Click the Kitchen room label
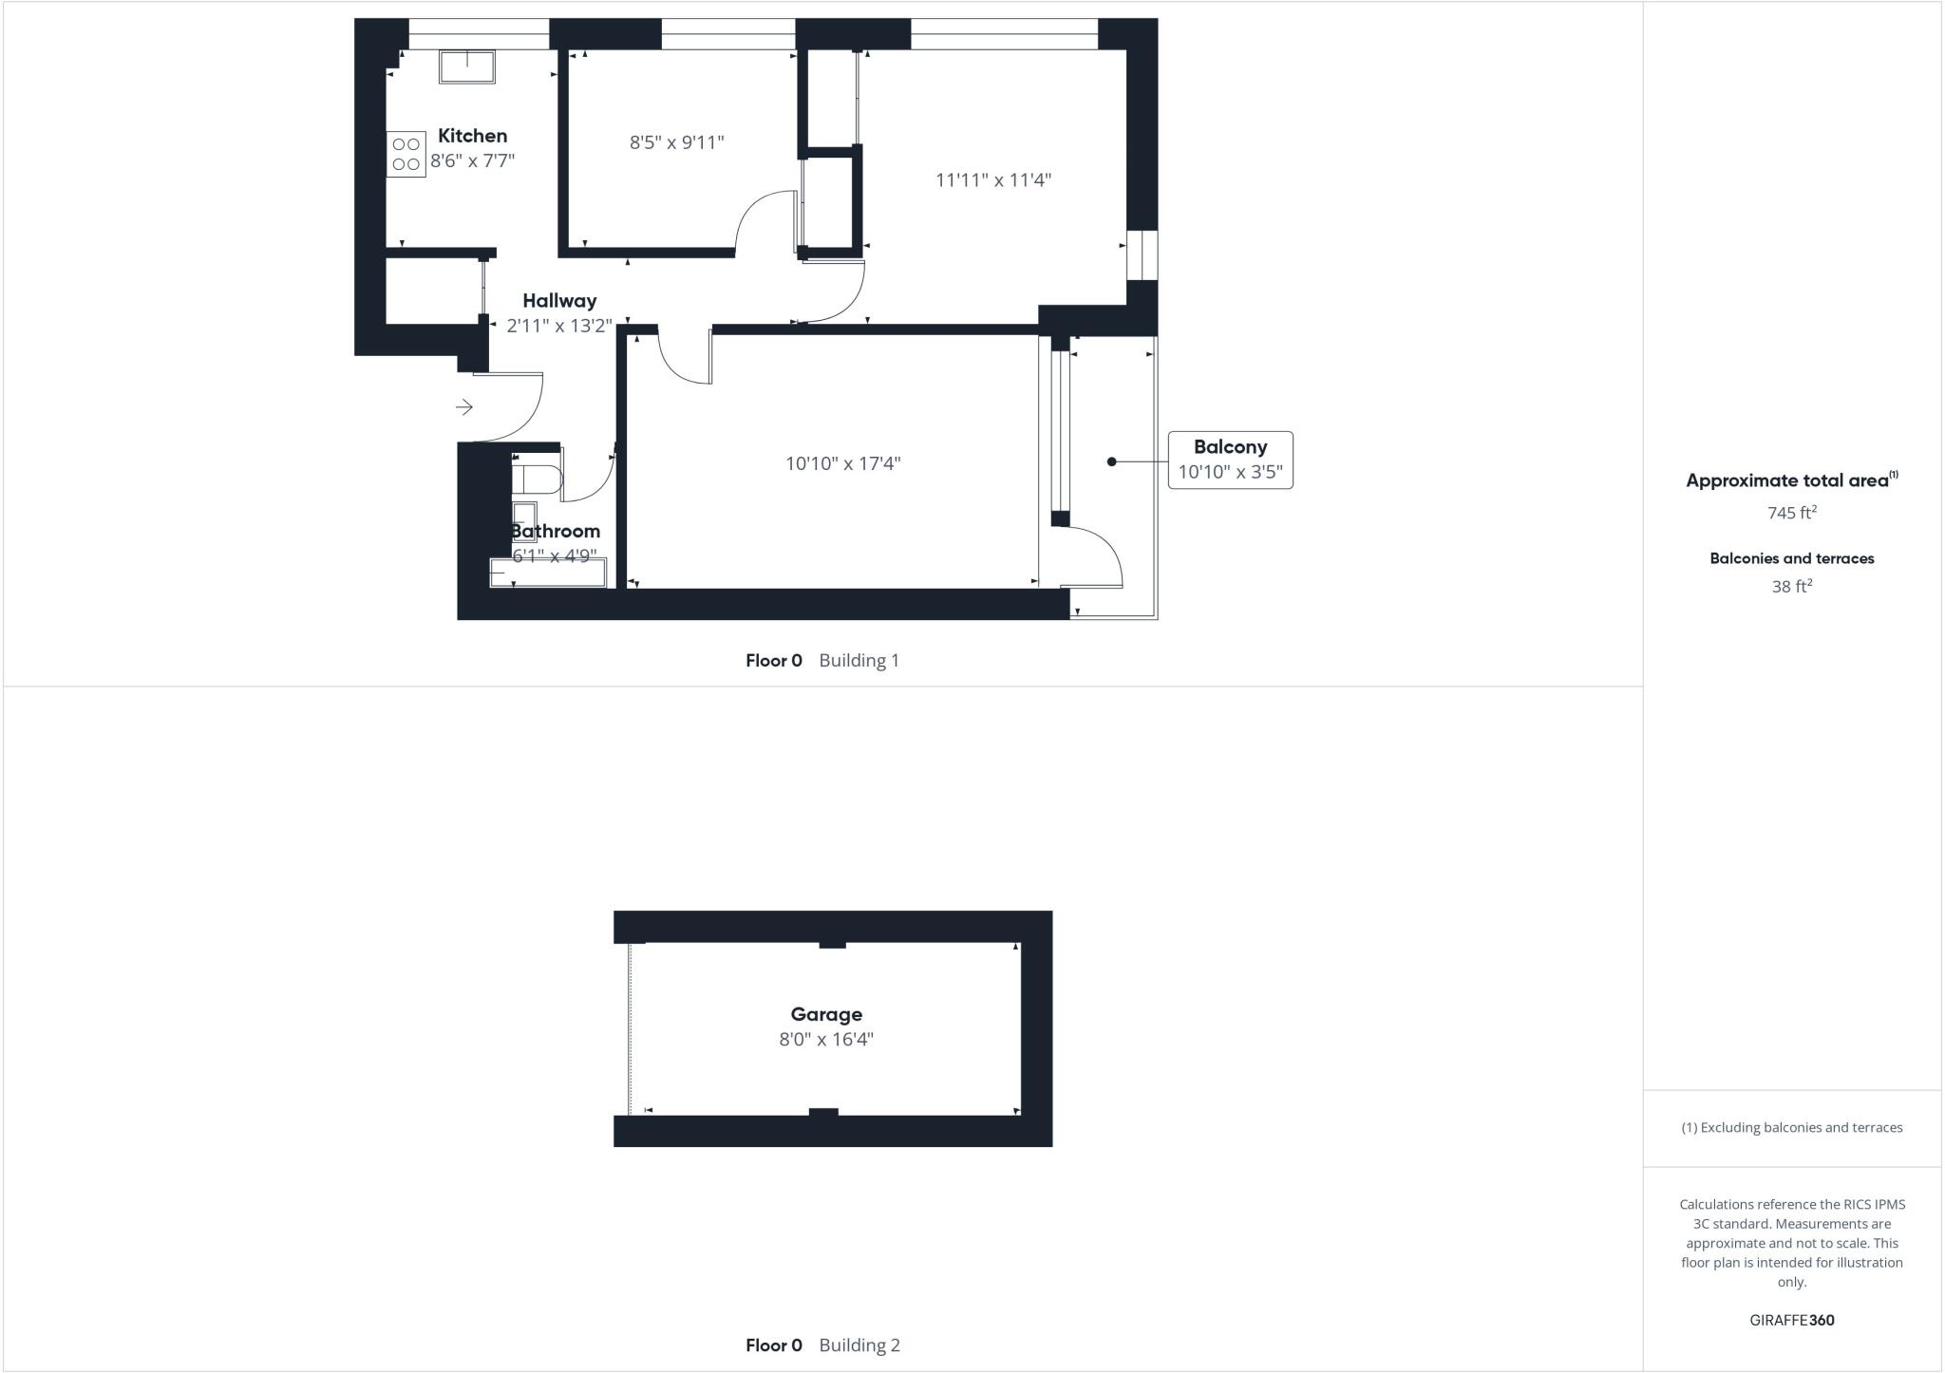click(x=472, y=136)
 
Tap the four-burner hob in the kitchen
click(x=406, y=154)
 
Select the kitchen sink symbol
click(x=466, y=66)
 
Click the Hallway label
click(x=559, y=301)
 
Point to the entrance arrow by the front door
click(x=464, y=407)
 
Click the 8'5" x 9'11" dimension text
click(x=676, y=142)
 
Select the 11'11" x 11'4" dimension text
click(x=993, y=179)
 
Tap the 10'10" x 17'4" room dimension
click(x=842, y=463)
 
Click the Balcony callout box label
click(x=1230, y=447)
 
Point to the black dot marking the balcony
click(x=1111, y=461)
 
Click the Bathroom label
click(x=556, y=531)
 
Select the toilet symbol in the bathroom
click(x=536, y=478)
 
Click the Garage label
click(x=826, y=1014)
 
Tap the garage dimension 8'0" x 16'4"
click(x=826, y=1039)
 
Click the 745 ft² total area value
click(x=1791, y=513)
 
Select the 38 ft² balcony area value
click(x=1791, y=587)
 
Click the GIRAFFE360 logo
click(x=1791, y=1320)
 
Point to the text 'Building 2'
click(x=859, y=1345)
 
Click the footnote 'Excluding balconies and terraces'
click(x=1791, y=1128)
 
